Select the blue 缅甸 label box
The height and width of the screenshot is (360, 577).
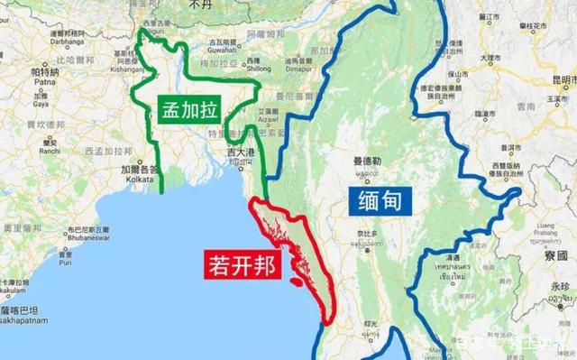coord(379,199)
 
